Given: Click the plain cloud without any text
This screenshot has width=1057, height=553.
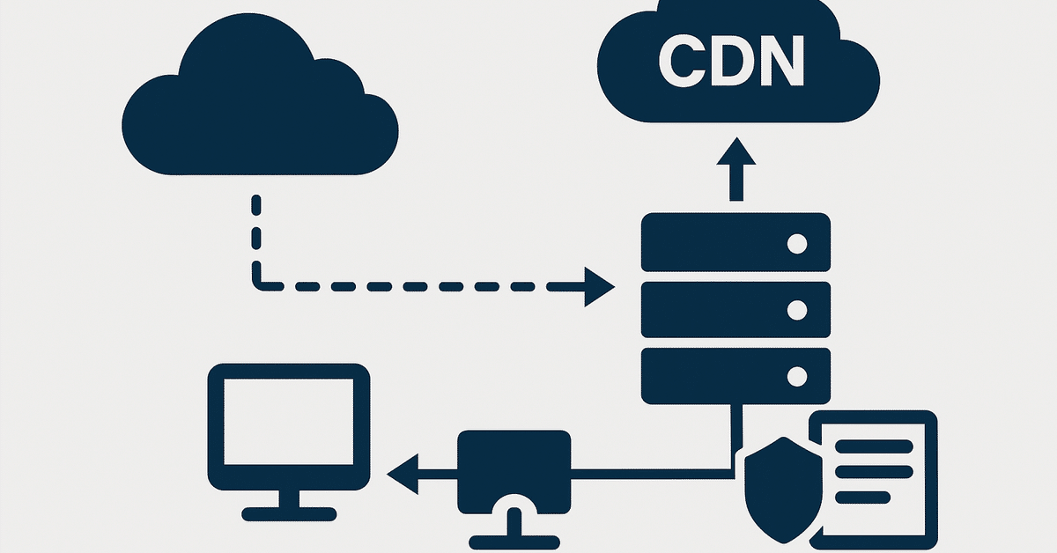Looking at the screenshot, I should (260, 114).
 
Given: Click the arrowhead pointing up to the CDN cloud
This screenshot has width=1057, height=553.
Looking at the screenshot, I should (736, 152).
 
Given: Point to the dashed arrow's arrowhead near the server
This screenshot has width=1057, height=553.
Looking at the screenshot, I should (599, 287).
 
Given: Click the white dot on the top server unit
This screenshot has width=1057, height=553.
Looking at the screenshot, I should (796, 243).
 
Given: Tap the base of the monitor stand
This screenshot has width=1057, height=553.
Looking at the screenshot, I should (288, 513).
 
